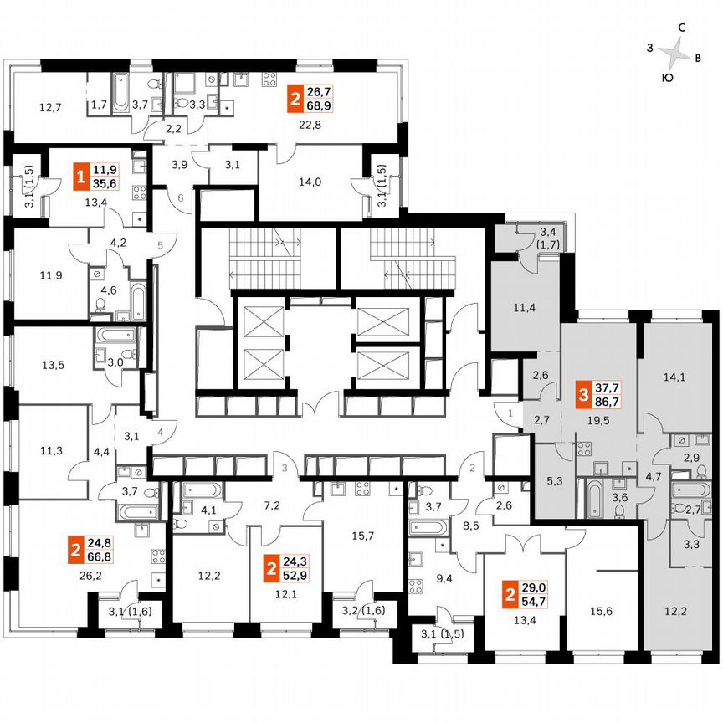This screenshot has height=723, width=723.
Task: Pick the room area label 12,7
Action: coord(51,107)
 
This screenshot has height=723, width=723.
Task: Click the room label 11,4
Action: coord(526,306)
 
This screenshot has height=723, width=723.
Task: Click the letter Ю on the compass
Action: coord(667,77)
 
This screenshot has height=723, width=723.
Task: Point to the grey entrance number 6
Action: coord(182,197)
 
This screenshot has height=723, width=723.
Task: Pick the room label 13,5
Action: coord(53,365)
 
